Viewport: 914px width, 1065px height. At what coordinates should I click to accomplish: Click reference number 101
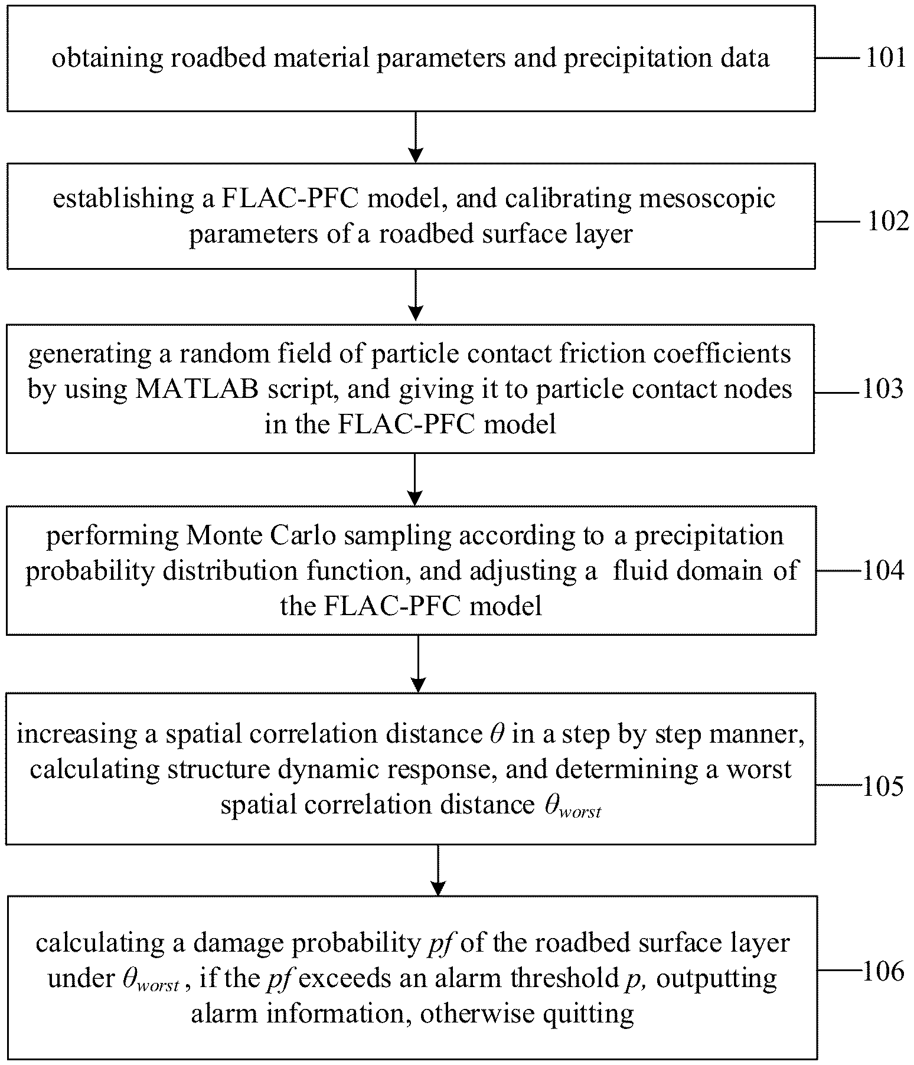point(886,58)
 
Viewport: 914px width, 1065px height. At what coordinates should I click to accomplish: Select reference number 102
point(888,221)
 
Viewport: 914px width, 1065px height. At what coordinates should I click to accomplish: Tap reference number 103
point(883,388)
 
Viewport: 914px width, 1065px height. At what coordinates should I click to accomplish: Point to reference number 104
point(883,570)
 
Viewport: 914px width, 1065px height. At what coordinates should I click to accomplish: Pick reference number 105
point(883,786)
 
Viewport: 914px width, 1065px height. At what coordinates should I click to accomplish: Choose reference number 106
point(883,971)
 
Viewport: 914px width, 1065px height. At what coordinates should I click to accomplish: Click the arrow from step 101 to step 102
point(416,137)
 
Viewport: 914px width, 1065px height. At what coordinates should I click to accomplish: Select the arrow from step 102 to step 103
point(416,295)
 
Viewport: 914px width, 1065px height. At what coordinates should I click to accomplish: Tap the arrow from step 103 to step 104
point(415,479)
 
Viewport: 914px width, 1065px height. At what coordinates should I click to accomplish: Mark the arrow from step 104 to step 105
point(418,664)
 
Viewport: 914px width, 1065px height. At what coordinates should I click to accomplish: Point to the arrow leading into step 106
point(438,870)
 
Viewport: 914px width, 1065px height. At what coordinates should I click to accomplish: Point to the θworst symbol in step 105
point(572,807)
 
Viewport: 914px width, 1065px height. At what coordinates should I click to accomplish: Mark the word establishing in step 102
point(123,199)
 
